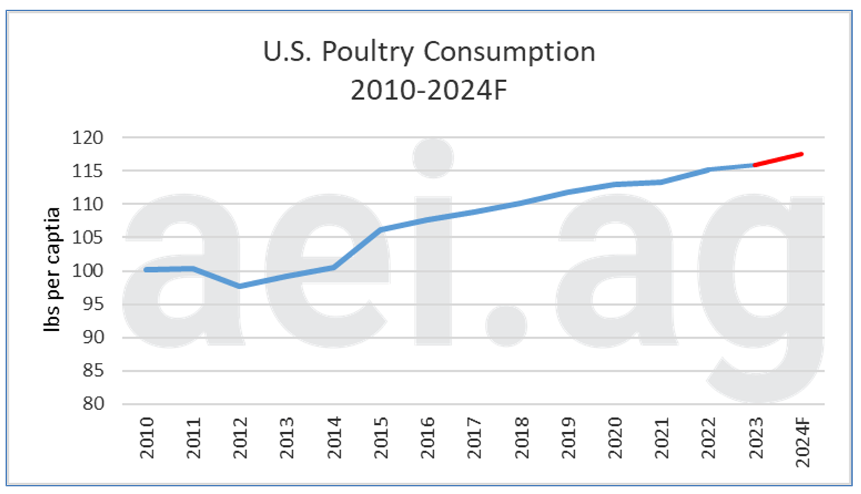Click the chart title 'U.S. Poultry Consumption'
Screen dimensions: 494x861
coord(430,52)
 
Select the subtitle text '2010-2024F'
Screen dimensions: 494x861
coord(430,90)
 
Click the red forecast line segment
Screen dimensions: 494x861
coord(778,159)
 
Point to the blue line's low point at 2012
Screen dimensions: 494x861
coord(239,286)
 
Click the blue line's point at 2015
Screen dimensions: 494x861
coord(380,230)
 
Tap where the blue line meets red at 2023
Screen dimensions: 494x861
coord(755,165)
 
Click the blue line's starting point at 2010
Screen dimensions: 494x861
coord(146,269)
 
